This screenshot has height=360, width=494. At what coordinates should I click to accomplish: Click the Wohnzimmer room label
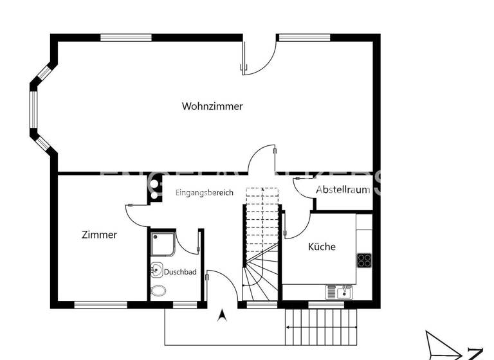click(212, 106)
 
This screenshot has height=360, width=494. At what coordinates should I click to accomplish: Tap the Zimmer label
click(99, 235)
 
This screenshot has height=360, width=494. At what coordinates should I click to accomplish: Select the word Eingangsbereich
click(205, 193)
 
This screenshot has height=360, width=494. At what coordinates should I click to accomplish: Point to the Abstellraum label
click(343, 190)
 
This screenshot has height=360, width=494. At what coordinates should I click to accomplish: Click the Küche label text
click(322, 246)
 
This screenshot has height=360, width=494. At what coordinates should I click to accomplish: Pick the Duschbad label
click(180, 272)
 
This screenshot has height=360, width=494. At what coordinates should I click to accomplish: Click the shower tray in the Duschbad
click(162, 244)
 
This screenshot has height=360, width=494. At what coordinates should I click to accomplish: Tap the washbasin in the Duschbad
click(156, 269)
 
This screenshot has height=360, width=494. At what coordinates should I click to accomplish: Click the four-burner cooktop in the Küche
click(365, 260)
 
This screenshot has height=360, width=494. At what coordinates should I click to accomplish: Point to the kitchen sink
click(339, 292)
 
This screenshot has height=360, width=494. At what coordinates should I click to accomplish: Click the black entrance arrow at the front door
click(223, 315)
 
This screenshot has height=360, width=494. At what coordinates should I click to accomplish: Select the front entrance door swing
click(219, 283)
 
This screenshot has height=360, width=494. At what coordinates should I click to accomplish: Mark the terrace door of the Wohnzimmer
click(257, 58)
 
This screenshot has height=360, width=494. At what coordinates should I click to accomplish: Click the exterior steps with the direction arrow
click(320, 327)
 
